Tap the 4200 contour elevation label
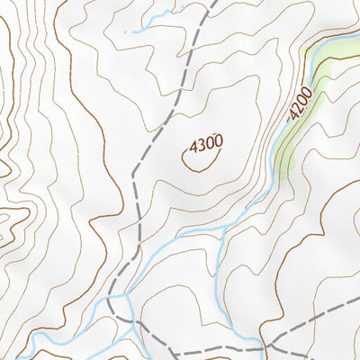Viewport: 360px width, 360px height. [x=301, y=103]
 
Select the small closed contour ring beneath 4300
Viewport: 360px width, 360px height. [x=201, y=158]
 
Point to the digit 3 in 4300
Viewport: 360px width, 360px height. [x=201, y=143]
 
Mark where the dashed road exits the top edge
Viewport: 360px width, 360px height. [x=215, y=3]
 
